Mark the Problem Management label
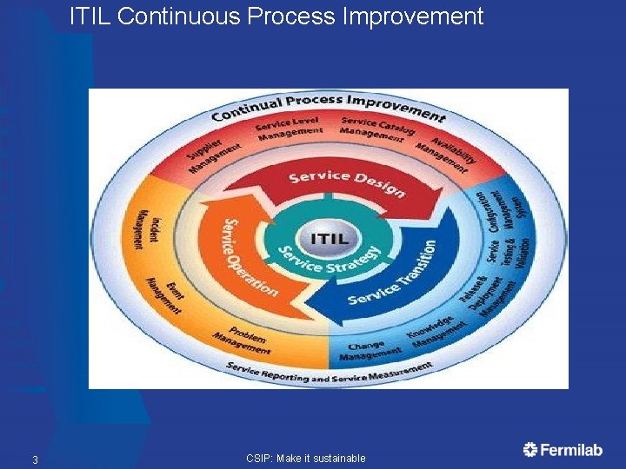click(243, 339)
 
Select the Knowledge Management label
click(434, 332)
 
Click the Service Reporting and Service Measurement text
click(329, 371)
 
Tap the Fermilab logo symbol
click(530, 449)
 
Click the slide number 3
click(35, 459)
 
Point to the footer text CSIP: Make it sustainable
click(305, 459)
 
